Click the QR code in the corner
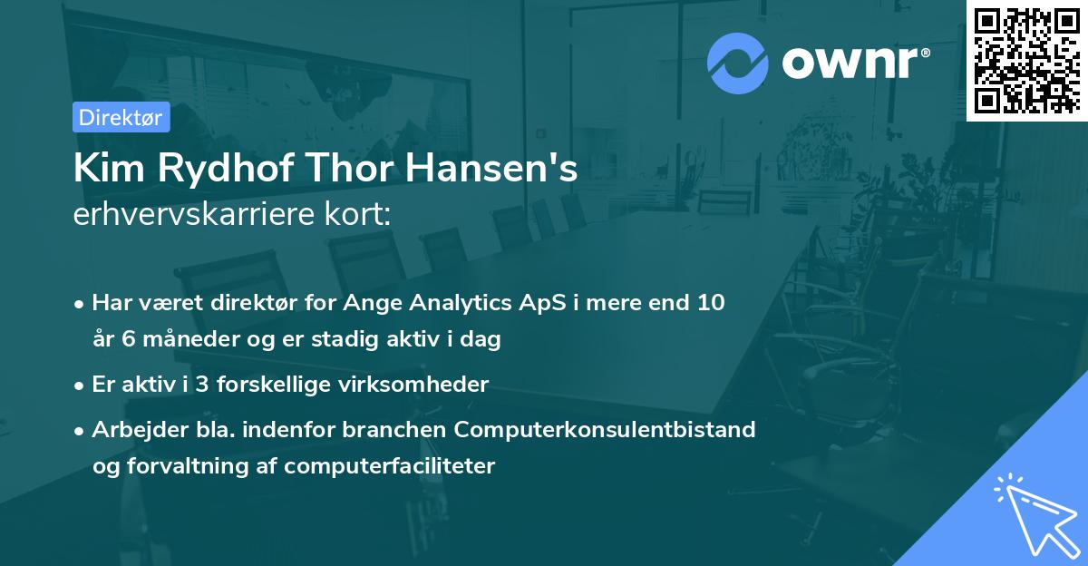[1026, 60]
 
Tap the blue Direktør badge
[121, 117]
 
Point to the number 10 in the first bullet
[711, 302]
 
